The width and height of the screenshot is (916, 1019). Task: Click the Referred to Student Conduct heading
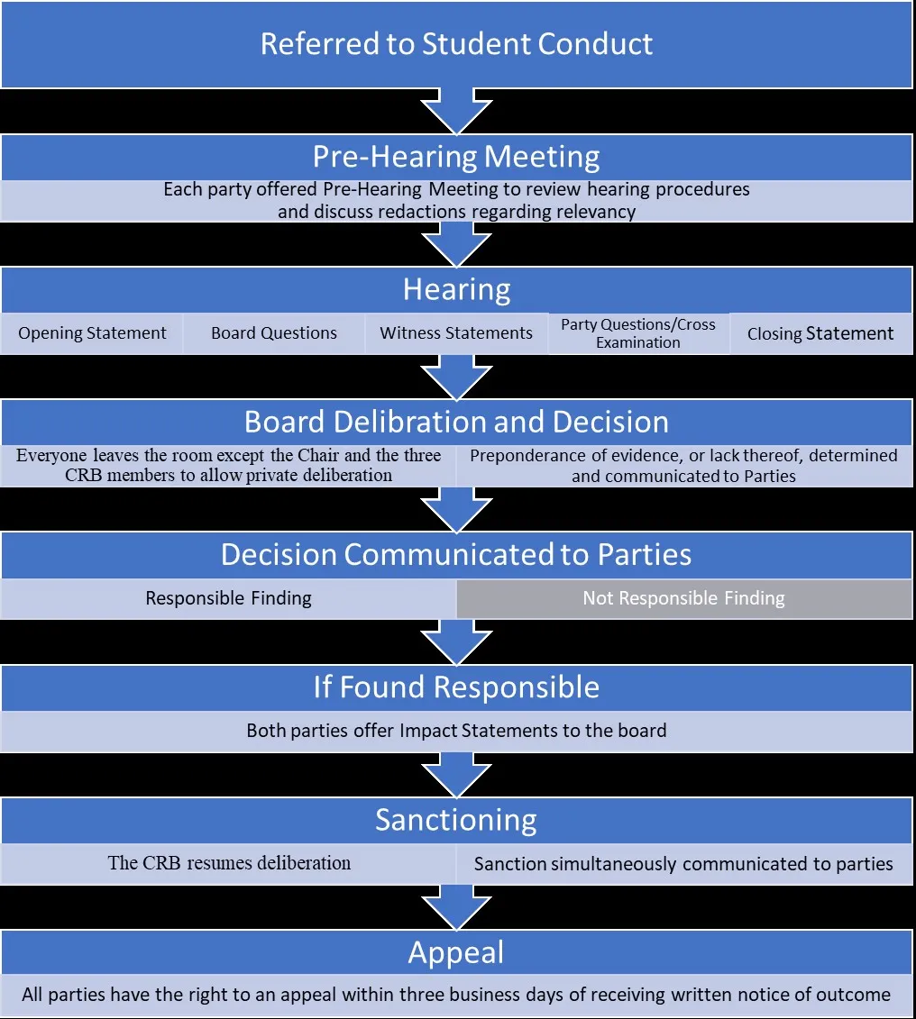click(x=456, y=44)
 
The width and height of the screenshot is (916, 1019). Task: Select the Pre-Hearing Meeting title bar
click(x=456, y=157)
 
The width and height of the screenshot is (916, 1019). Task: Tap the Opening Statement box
click(x=92, y=333)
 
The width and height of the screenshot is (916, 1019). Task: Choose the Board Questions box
click(x=274, y=333)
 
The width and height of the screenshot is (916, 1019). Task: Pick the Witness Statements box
click(x=456, y=333)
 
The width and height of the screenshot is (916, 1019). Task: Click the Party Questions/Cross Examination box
click(x=638, y=333)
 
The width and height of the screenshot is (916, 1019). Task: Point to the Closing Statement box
click(x=820, y=333)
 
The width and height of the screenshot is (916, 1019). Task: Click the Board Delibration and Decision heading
click(x=456, y=422)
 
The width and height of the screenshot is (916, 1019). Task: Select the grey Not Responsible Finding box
click(x=683, y=598)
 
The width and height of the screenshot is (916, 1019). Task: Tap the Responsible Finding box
click(x=229, y=598)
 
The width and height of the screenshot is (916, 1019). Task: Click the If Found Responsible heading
click(x=456, y=687)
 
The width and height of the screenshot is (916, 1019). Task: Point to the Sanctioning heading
click(x=456, y=820)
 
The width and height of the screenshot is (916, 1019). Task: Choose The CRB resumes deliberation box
click(x=229, y=863)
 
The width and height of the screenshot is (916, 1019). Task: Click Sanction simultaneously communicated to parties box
click(x=683, y=864)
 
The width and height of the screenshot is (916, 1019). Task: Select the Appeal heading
click(x=456, y=952)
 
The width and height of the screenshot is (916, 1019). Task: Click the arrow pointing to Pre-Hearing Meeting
click(x=456, y=111)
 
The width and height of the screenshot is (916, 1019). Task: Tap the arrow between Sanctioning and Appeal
click(x=456, y=906)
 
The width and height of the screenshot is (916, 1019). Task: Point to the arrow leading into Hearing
click(x=456, y=243)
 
